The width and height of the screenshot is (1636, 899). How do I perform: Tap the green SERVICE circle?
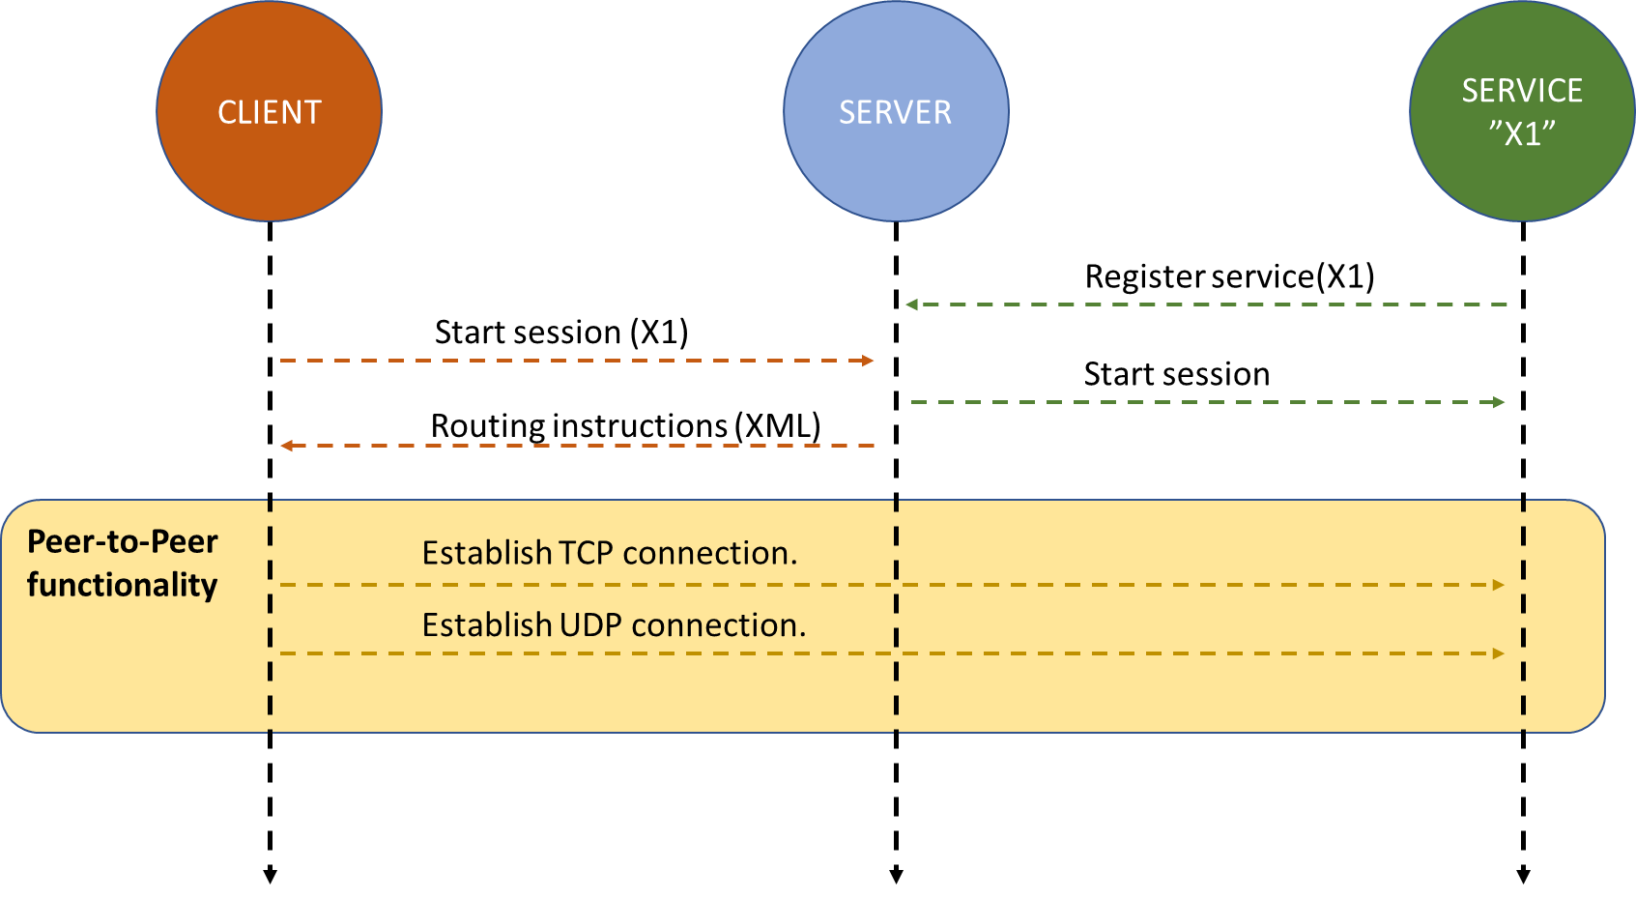(x=1522, y=174)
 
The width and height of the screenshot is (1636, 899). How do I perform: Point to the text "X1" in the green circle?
(x=1522, y=133)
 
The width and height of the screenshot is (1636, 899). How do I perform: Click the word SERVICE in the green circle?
(x=1522, y=91)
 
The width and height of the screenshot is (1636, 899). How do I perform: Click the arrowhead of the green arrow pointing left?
(x=911, y=304)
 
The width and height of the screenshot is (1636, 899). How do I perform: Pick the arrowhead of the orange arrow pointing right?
(x=869, y=361)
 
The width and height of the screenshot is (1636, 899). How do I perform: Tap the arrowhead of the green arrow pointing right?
(x=1499, y=402)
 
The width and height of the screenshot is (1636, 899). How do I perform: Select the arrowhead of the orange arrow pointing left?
(x=286, y=446)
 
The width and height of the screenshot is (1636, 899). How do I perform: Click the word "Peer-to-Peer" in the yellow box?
(x=123, y=541)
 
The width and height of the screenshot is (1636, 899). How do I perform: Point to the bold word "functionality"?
(x=123, y=585)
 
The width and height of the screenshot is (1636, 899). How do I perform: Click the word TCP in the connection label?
(x=586, y=553)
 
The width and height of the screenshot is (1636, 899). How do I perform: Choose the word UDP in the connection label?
(x=589, y=625)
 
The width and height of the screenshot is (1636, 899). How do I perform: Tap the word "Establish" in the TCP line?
(x=487, y=553)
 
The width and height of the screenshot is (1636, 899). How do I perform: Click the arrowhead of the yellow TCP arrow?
(x=1499, y=585)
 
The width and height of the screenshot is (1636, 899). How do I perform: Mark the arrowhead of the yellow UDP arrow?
(x=1499, y=653)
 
